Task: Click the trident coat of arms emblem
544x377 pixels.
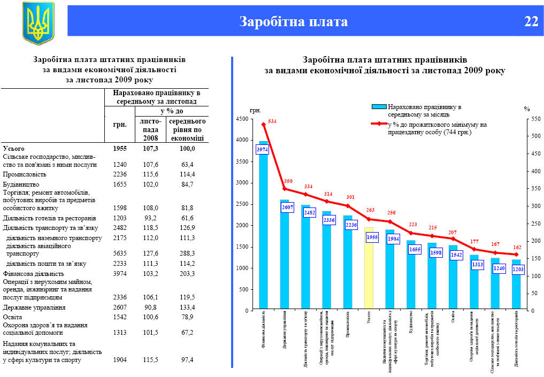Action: point(38,22)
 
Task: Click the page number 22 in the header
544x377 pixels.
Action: point(531,21)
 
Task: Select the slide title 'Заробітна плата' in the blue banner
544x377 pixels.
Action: point(294,21)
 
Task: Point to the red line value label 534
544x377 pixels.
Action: point(272,121)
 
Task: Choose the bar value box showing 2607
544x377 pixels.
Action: point(287,207)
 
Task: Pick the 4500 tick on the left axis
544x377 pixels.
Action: point(242,119)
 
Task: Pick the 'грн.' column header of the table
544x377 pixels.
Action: point(120,125)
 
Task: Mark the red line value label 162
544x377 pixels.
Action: point(516,248)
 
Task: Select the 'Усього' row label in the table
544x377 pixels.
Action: point(14,148)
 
